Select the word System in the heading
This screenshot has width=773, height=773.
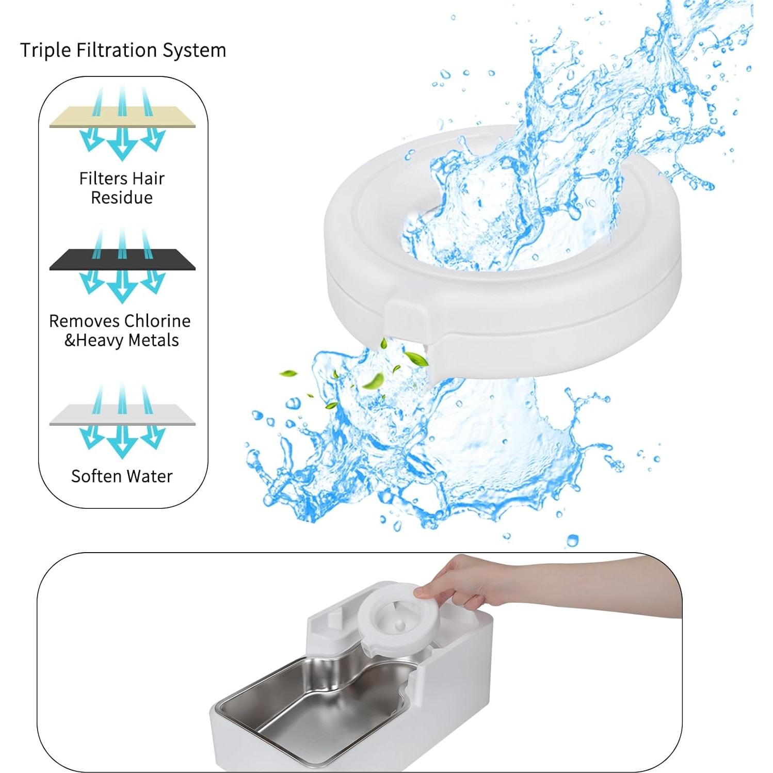(x=195, y=50)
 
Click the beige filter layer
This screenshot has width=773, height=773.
(x=122, y=118)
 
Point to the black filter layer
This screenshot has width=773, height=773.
(x=122, y=260)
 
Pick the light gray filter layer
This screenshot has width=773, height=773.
(x=122, y=415)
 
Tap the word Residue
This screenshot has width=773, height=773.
(x=122, y=198)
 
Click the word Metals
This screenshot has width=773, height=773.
(x=153, y=341)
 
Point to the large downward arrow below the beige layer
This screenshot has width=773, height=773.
(x=122, y=144)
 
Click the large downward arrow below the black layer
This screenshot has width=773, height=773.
(x=122, y=287)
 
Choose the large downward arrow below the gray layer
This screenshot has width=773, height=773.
(x=122, y=443)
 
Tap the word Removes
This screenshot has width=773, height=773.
(x=75, y=321)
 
